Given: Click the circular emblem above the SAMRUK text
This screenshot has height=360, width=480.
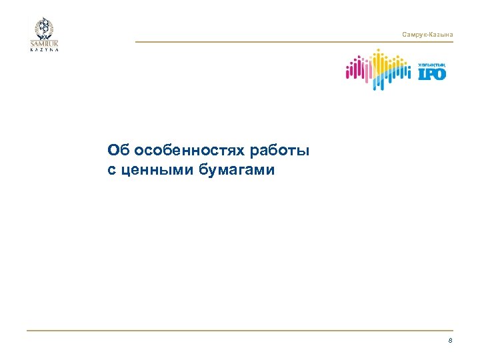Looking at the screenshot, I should (44, 28).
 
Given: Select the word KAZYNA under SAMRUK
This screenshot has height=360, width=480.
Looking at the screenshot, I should (44, 49).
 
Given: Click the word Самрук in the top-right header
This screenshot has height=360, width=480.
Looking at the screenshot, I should (414, 34).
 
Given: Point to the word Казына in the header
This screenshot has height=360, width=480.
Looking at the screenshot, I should (441, 34).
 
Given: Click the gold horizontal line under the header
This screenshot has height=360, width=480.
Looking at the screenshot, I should (293, 42).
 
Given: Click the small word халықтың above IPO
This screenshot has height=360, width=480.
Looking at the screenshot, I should (431, 63).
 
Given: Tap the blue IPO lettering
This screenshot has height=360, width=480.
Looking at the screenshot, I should (431, 73).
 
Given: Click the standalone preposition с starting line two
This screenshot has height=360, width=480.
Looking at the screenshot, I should (112, 170).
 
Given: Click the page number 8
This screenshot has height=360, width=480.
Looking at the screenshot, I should (450, 341).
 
